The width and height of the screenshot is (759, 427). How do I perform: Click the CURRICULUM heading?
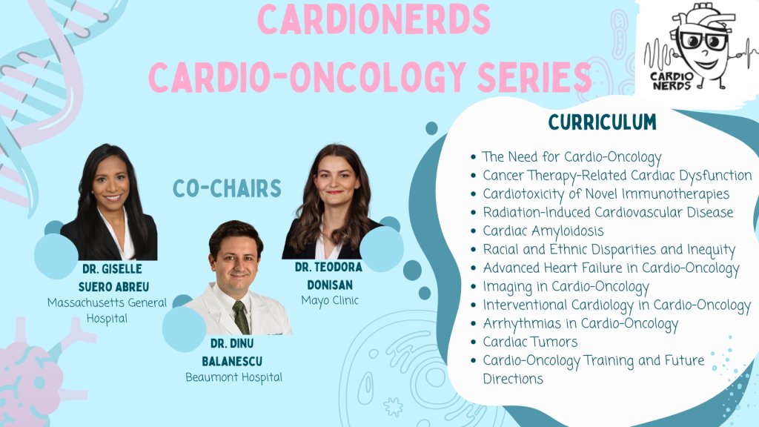tap(602, 122)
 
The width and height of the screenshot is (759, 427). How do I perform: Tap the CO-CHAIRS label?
tap(227, 188)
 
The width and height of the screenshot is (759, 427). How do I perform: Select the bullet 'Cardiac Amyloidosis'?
tap(543, 231)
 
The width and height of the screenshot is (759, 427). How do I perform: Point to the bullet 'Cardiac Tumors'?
tap(530, 342)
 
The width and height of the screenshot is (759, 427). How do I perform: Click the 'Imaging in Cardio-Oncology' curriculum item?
tap(566, 286)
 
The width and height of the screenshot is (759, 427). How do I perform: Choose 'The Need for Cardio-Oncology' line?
tap(571, 157)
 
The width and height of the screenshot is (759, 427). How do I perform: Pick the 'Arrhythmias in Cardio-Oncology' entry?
tap(580, 323)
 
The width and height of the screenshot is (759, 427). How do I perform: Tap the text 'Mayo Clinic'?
tap(330, 300)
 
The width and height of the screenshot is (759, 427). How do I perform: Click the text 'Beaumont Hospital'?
tap(233, 377)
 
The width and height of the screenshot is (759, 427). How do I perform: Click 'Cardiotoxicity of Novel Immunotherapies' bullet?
tap(606, 194)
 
